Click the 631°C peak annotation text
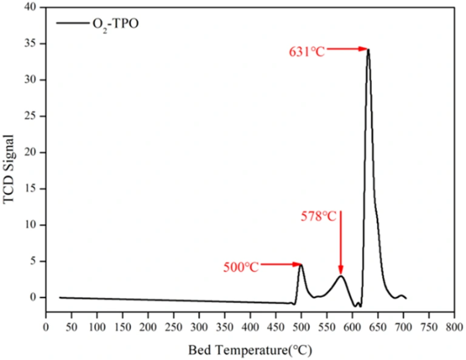click(x=307, y=52)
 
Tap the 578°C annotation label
click(x=319, y=216)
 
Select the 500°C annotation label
click(x=241, y=267)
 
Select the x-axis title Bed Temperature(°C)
click(x=251, y=350)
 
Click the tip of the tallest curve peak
click(x=368, y=50)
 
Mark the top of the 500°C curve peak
click(x=302, y=265)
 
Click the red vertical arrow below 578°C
click(x=341, y=243)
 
